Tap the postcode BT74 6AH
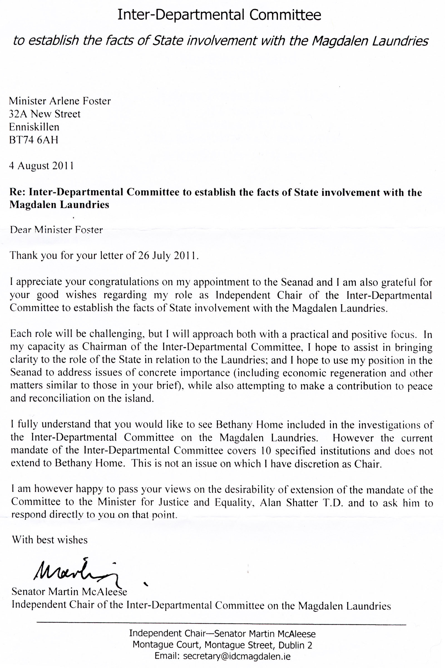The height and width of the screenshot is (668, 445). (x=33, y=140)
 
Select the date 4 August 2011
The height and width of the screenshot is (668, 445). (x=41, y=166)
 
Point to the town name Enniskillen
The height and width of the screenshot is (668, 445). (x=34, y=127)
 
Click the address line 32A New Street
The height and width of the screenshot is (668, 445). (x=45, y=114)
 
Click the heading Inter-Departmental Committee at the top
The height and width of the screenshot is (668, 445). (x=219, y=15)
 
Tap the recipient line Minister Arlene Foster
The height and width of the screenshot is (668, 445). (x=60, y=101)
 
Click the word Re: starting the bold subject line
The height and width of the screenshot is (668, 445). (x=18, y=193)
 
